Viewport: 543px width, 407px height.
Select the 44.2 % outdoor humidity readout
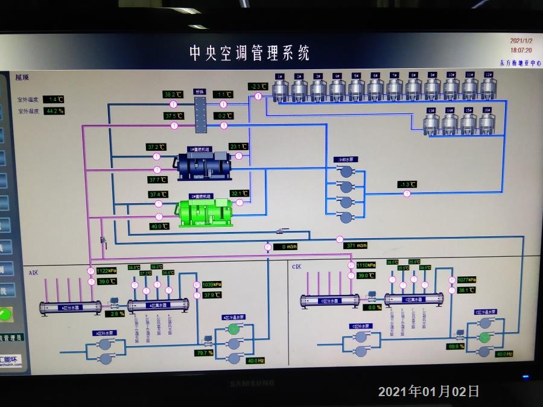tap(55, 111)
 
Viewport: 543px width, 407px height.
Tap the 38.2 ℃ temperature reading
tap(173, 95)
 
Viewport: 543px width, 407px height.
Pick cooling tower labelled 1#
tap(279, 88)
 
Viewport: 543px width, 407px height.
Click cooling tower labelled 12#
tap(488, 87)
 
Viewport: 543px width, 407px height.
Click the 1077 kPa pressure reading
tap(467, 280)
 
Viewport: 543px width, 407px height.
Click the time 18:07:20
tap(521, 51)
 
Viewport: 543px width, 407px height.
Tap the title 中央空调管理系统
tap(249, 53)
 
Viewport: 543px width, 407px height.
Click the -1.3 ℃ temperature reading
tap(407, 185)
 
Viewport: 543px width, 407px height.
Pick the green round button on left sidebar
tap(6, 314)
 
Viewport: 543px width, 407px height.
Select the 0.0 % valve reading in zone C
tap(375, 307)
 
